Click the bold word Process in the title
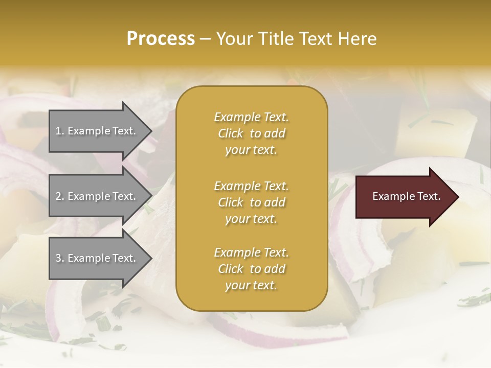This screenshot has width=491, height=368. click(161, 39)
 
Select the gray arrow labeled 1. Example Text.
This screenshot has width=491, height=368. click(97, 131)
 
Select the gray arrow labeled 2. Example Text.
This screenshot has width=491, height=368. click(97, 196)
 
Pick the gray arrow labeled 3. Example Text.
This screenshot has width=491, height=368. click(97, 258)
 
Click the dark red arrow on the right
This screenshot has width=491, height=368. click(404, 197)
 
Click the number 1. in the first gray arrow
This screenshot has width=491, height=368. click(60, 131)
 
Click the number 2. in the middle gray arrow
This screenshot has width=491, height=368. click(60, 196)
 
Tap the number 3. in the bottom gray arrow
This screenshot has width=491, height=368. click(60, 258)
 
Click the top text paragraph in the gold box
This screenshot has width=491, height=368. click(251, 133)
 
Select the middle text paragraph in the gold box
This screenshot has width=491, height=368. click(251, 202)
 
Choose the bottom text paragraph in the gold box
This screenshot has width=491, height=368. click(251, 269)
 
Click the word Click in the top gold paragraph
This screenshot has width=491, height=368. click(231, 133)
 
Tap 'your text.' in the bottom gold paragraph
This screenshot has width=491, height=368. click(251, 285)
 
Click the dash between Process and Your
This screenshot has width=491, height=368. click(205, 39)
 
